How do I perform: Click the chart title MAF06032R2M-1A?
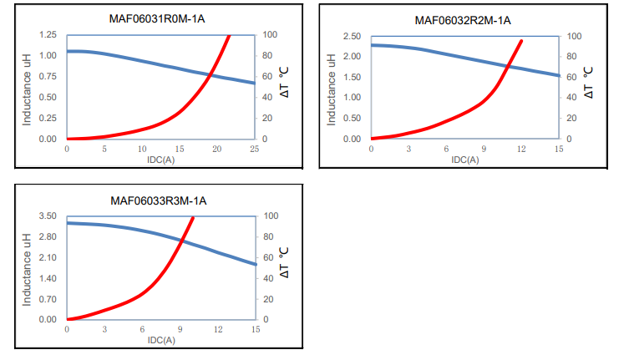pos(461,19)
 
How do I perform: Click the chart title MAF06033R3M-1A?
pos(159,200)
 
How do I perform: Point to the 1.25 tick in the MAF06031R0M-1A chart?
pos(48,35)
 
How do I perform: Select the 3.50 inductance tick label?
pos(48,216)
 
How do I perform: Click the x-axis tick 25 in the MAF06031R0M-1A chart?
pos(254,150)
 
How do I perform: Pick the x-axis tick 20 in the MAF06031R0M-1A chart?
pos(216,150)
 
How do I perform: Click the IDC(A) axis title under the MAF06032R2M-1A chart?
pos(465,159)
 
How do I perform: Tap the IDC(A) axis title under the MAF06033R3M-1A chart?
pos(160,340)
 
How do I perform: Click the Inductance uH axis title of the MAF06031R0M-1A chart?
pos(27,87)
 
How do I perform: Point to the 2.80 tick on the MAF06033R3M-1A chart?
pos(48,237)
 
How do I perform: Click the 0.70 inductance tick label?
pos(48,299)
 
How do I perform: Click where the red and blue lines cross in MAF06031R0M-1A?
pos(210,75)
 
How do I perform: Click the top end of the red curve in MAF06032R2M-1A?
pos(522,40)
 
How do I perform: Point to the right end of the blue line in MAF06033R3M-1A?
pos(254,264)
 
